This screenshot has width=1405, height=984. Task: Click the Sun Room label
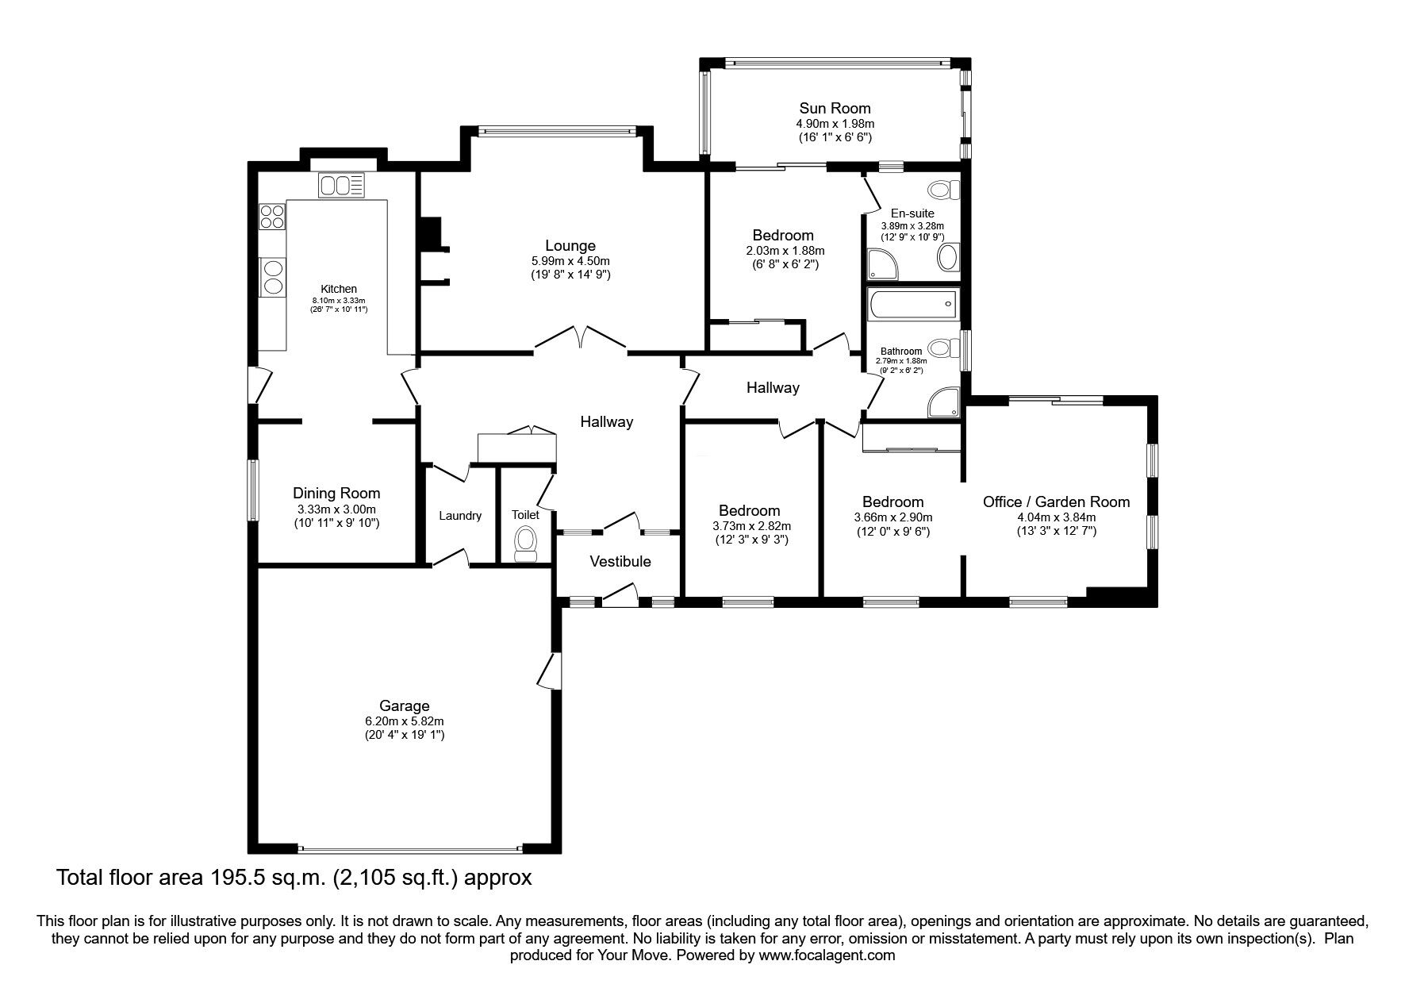[x=835, y=108]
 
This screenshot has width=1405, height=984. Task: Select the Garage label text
[x=405, y=705]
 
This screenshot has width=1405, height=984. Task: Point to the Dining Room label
[x=336, y=494]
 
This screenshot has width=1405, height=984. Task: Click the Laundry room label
[x=460, y=516]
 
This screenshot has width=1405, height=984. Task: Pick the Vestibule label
[x=620, y=562]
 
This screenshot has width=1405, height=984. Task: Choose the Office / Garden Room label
[x=1056, y=502]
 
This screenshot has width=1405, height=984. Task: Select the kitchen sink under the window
[x=342, y=186]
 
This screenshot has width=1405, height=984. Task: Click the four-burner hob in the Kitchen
[x=271, y=216]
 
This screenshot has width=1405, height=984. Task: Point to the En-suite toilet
[x=944, y=190]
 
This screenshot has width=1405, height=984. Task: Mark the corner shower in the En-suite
[x=883, y=263]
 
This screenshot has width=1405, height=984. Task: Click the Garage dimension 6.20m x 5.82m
[x=405, y=721]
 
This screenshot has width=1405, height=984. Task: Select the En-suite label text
[x=912, y=213]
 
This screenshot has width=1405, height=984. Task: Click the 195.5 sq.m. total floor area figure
[x=236, y=878]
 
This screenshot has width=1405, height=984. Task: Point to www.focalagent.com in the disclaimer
[x=827, y=955]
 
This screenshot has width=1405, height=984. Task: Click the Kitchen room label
[x=339, y=289]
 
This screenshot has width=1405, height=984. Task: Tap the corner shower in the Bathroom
[x=943, y=402]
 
